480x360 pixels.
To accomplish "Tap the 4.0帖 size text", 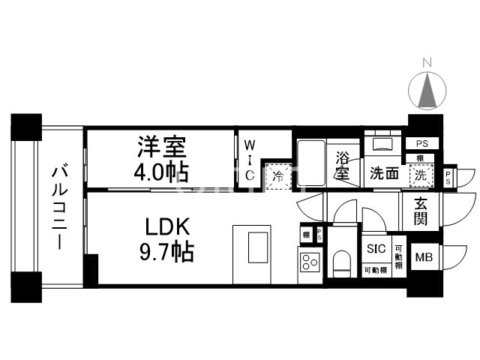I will tap(161, 170).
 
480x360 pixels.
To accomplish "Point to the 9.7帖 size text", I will tap(167, 250).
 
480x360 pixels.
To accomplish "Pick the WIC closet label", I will tap(250, 158).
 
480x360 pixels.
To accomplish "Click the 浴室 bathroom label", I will tap(342, 166).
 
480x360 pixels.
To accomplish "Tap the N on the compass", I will tap(426, 62).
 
